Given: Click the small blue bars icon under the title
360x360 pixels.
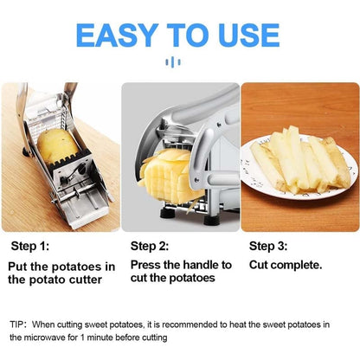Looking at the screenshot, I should click(x=180, y=61).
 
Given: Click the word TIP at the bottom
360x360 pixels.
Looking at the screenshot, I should click(x=18, y=324).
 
